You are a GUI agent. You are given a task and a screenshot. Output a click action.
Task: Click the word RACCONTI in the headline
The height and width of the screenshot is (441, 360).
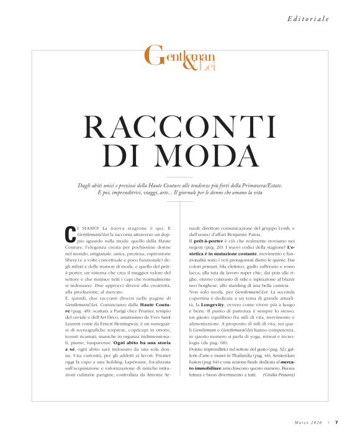[179, 127]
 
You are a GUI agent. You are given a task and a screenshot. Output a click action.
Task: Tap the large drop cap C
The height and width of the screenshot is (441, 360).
[70, 234]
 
